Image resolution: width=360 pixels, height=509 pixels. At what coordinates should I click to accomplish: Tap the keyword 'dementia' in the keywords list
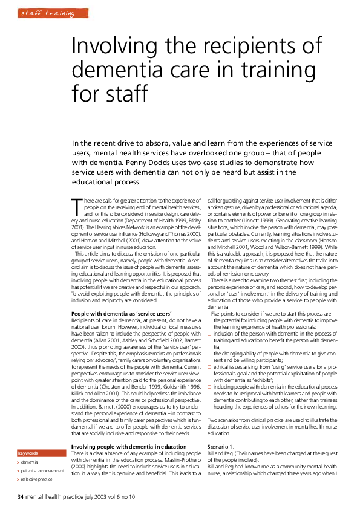click(30, 461)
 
